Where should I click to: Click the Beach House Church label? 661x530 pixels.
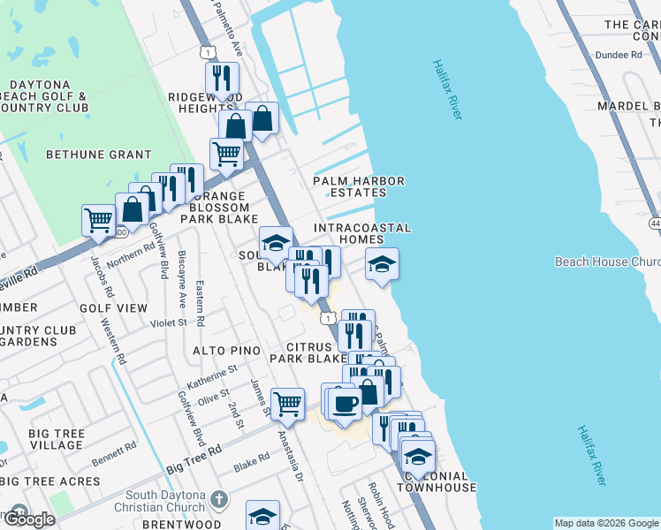607,261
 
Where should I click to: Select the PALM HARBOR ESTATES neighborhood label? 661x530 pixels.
359,187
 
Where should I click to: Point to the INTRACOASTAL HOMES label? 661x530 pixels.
363,233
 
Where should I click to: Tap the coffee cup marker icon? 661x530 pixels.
344,403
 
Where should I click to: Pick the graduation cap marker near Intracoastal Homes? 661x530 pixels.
382,264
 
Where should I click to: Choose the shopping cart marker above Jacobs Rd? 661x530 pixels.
98,219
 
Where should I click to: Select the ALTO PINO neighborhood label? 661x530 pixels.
227,351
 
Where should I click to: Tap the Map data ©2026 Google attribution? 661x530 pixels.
606,523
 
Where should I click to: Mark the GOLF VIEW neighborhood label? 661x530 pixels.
113,308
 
